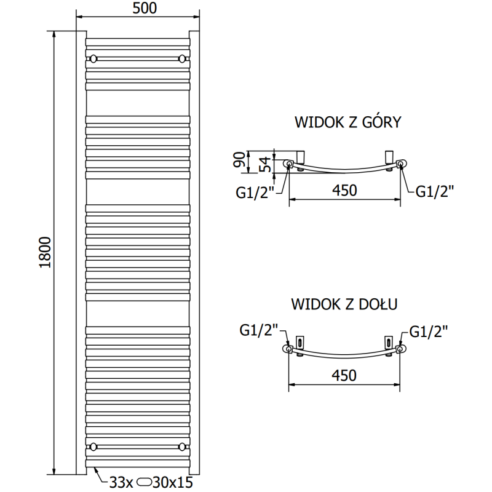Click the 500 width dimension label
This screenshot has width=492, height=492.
tap(144, 8)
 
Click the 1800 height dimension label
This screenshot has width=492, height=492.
tap(43, 252)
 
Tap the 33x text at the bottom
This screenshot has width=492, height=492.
tap(121, 482)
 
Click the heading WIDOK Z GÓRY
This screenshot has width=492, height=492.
tap(347, 122)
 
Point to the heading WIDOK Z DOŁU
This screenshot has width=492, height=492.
tap(344, 303)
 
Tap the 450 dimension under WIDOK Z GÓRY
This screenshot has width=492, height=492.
tap(344, 190)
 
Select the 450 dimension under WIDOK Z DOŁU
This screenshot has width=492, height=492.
tap(344, 375)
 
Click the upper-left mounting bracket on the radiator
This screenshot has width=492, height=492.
tap(93, 59)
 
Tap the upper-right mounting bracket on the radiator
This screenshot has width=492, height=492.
tap(181, 59)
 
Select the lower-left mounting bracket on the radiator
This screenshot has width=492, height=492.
tap(93, 446)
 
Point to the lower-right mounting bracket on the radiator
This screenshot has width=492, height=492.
tap(181, 446)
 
